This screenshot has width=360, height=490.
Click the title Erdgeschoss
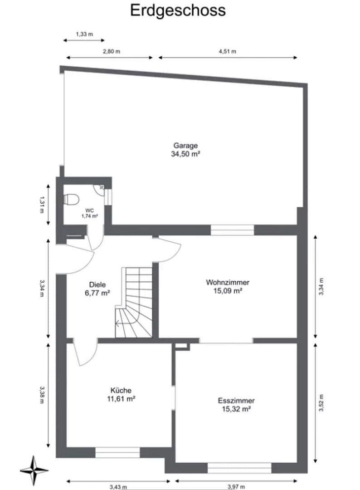[x=178, y=10]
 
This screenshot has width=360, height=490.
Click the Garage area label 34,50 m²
[x=185, y=154]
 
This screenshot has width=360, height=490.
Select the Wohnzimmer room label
[x=227, y=282]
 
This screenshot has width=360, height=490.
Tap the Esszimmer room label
[x=236, y=401]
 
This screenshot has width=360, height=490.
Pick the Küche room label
[x=121, y=390]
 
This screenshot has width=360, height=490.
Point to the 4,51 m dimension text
[x=227, y=51]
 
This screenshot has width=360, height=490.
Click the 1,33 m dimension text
[x=84, y=34]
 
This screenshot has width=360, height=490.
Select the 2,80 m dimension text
[x=112, y=51]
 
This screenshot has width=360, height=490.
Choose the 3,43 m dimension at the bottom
[x=118, y=487]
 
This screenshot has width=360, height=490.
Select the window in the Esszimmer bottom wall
[x=239, y=467]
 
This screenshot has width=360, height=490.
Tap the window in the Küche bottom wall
[x=117, y=452]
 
